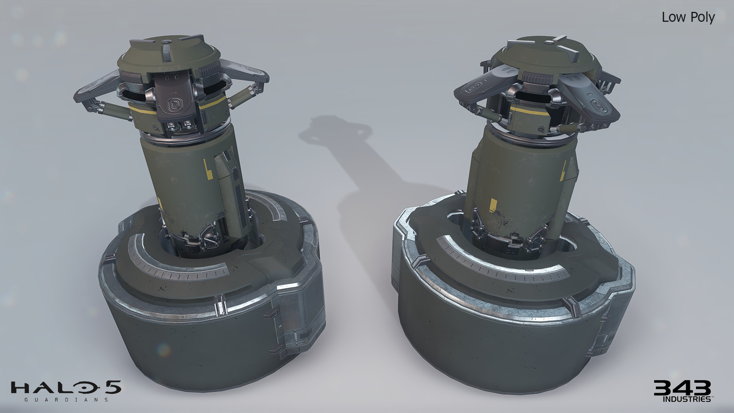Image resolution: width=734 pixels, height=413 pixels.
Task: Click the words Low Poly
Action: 688,17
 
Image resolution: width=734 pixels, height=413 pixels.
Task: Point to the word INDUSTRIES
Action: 687,399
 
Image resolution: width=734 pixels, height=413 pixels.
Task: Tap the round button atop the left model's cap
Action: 166,41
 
